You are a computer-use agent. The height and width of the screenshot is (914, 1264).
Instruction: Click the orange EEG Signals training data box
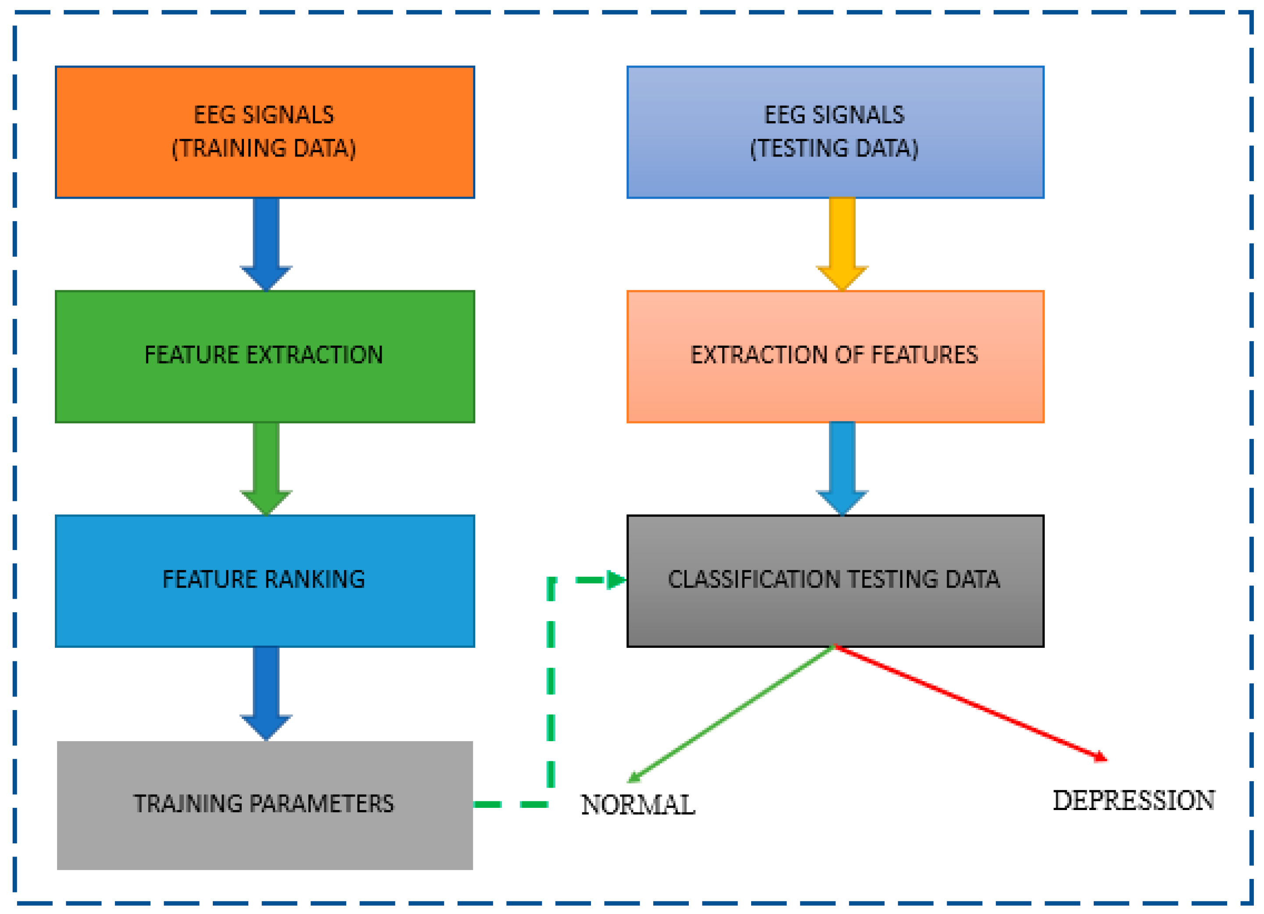(265, 132)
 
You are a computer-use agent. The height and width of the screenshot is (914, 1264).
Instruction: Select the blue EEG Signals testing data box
(835, 132)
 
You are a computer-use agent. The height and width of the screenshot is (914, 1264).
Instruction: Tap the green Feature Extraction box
(265, 357)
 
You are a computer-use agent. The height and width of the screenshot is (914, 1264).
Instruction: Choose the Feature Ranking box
(265, 581)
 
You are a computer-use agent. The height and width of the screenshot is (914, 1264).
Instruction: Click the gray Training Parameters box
(265, 805)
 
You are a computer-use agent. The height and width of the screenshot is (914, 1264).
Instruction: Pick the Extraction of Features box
(835, 357)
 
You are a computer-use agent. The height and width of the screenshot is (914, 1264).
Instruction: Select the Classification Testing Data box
(835, 581)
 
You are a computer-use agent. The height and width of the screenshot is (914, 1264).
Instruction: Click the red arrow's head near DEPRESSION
(1099, 757)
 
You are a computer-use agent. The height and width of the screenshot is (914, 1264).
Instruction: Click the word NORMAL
(637, 805)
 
